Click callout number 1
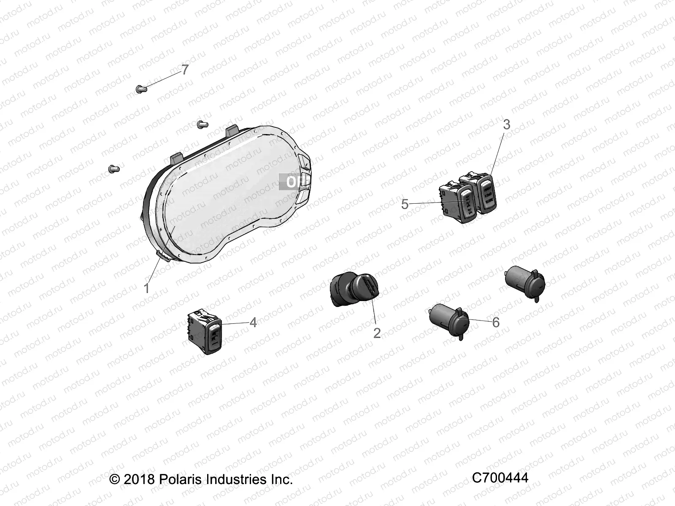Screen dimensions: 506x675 click(x=146, y=288)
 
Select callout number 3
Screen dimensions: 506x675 click(x=507, y=124)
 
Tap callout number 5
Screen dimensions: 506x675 click(x=405, y=205)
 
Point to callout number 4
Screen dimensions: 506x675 click(x=253, y=323)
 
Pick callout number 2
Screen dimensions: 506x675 click(x=377, y=333)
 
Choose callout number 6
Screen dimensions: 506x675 click(x=496, y=323)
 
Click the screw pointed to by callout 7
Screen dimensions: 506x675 click(x=140, y=89)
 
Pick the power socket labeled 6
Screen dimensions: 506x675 click(x=448, y=319)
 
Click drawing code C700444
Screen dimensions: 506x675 click(x=500, y=478)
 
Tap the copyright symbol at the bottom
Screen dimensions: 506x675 click(x=114, y=479)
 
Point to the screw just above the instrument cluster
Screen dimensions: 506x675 click(x=202, y=124)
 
